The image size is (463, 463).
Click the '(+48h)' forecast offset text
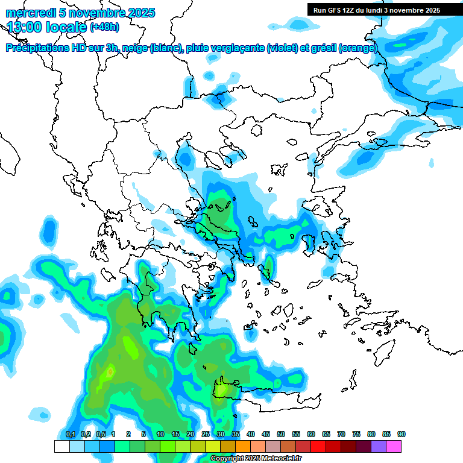(104, 27)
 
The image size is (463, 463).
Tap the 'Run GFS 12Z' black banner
(376, 10)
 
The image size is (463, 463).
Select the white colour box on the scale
(62, 447)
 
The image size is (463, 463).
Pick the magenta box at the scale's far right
(394, 447)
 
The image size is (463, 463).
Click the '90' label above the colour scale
(401, 434)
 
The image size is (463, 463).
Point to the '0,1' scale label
(70, 434)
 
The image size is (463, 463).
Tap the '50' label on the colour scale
(281, 434)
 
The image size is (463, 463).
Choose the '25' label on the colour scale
(206, 434)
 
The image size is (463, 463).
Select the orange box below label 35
(243, 447)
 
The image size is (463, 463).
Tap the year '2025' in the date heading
(139, 13)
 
